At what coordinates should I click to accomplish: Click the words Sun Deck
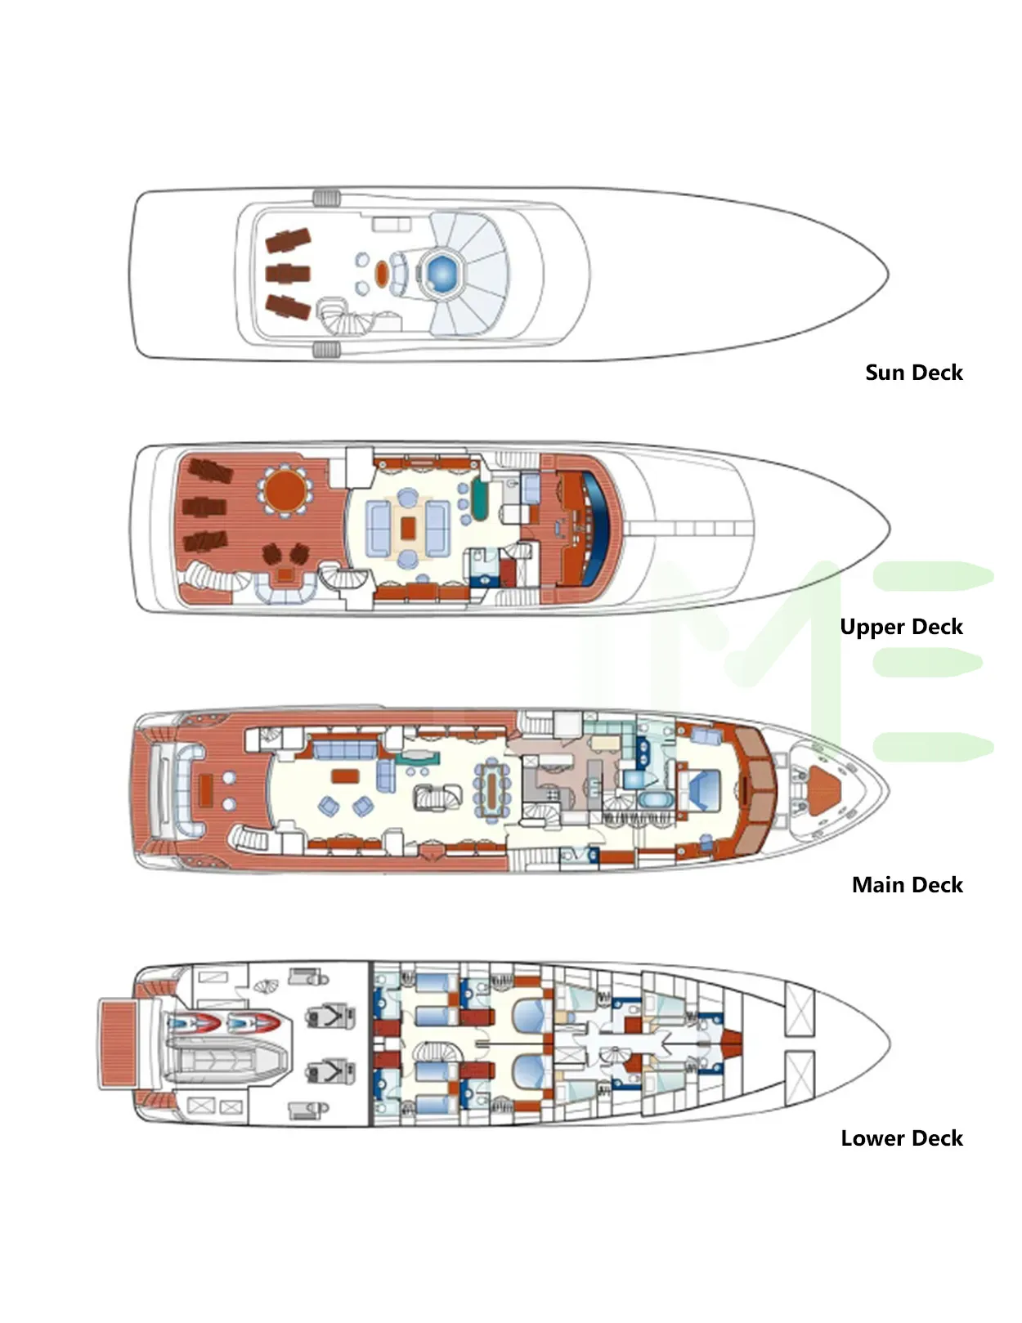tap(913, 373)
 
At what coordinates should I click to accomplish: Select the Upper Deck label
tap(901, 627)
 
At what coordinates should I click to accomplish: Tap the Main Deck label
tap(907, 885)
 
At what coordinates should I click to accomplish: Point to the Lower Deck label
tap(901, 1138)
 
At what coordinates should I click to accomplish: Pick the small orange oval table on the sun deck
tap(381, 273)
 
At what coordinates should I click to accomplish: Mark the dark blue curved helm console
tap(605, 523)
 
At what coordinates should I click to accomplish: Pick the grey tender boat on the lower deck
tap(230, 1061)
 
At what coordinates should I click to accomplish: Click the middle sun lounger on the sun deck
tap(287, 273)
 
